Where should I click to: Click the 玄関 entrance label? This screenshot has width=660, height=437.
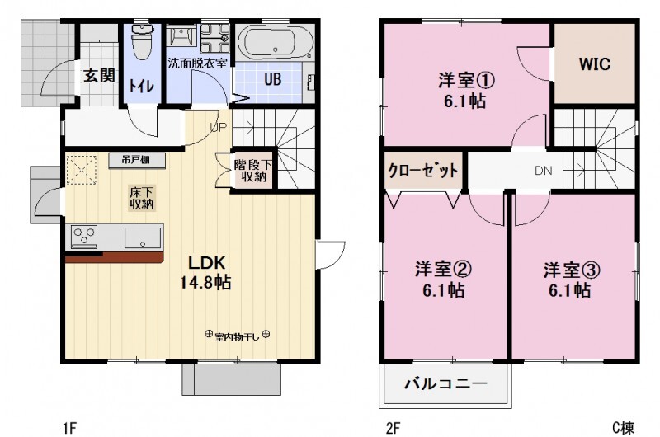[x=98, y=76]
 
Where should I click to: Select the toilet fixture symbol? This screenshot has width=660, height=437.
[x=143, y=42]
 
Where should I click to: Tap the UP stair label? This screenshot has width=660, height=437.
[x=219, y=127]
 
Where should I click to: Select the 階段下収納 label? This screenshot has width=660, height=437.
[x=251, y=169]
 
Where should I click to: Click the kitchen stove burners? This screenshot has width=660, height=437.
[x=84, y=237]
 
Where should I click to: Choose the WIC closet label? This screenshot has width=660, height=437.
[x=594, y=64]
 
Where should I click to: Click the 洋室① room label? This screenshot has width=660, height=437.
[x=465, y=91]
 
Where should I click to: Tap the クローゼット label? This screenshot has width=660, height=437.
[x=423, y=172]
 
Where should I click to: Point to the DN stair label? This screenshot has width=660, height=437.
[x=543, y=172]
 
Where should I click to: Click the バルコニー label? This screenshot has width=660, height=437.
[x=445, y=384]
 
